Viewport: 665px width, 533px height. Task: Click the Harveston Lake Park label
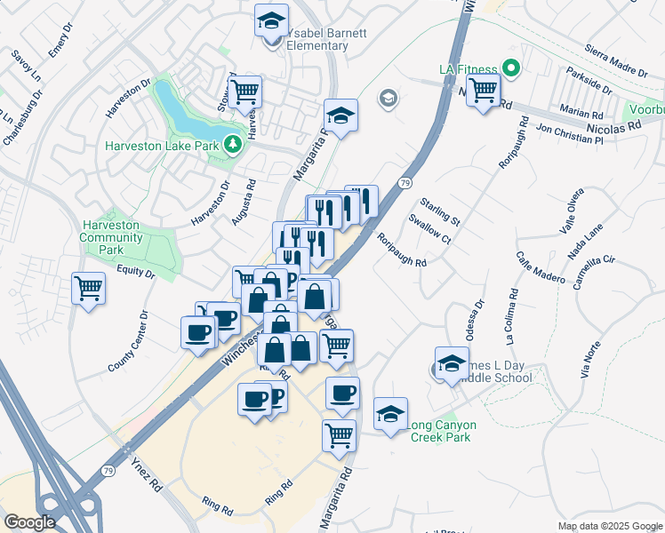[162, 146]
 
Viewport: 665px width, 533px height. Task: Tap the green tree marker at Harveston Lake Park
[233, 144]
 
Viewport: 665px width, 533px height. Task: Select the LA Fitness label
[465, 68]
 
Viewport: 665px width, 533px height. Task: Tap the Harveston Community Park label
[110, 238]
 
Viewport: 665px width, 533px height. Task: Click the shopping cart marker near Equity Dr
[89, 287]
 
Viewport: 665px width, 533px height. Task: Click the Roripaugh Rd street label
[402, 251]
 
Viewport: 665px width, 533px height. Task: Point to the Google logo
[28, 522]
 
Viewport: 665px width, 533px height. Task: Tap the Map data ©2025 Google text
[609, 526]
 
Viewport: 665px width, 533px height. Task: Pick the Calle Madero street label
[541, 266]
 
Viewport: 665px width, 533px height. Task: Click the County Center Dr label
[127, 341]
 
